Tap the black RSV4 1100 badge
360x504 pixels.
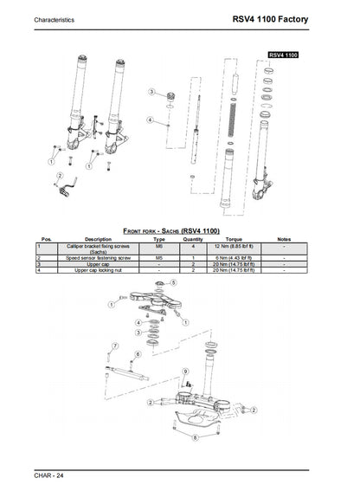(283, 55)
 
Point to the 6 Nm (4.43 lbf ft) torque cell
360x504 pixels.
(233, 258)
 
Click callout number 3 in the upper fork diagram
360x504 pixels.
(151, 91)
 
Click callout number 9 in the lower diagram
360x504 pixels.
(185, 371)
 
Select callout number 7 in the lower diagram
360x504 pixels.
(110, 346)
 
